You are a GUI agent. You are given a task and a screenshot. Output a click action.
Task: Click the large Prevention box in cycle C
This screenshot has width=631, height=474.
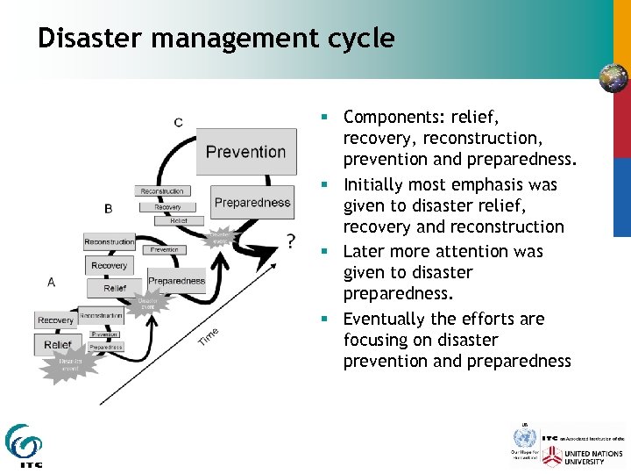coord(245,152)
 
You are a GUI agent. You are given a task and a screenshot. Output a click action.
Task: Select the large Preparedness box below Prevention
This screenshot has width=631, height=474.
coord(252,203)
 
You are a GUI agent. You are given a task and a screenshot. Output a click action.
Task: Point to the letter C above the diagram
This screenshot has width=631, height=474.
coord(179,122)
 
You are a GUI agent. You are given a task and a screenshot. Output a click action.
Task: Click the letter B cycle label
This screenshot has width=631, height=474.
coord(108,209)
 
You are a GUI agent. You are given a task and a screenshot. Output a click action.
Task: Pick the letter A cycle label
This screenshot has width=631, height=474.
coord(52,282)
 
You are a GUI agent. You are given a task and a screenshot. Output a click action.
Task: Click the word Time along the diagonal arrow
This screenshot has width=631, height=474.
coord(208,334)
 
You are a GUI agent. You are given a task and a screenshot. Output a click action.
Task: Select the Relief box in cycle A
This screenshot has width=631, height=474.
coord(58,345)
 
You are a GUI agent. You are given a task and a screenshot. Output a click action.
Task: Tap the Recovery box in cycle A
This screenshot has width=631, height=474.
coord(56,320)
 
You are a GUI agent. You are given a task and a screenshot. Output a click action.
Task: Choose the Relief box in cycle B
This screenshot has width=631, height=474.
coord(115,288)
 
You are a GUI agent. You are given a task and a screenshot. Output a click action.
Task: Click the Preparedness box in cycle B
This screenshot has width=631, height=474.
coord(176,281)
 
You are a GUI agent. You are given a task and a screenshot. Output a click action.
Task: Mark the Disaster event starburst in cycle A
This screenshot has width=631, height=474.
coord(69,364)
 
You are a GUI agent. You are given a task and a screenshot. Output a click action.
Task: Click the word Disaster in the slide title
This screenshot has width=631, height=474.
coord(86,39)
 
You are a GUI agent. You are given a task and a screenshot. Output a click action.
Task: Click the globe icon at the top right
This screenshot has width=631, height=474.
coord(613,78)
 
